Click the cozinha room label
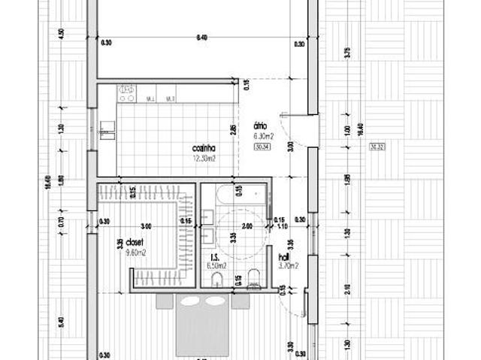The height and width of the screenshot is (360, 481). coord(204,149)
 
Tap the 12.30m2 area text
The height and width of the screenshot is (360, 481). coord(204,159)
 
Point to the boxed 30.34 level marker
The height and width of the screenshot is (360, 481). coord(262,147)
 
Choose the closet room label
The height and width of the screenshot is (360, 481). coord(135,244)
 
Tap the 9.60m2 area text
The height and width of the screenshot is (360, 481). coord(135,253)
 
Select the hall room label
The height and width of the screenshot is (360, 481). coord(284,256)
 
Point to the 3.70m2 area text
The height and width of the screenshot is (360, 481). coord(289,265)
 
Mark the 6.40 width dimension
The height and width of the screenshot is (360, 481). coord(201,37)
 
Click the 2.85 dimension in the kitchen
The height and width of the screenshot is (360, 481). coord(234,129)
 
